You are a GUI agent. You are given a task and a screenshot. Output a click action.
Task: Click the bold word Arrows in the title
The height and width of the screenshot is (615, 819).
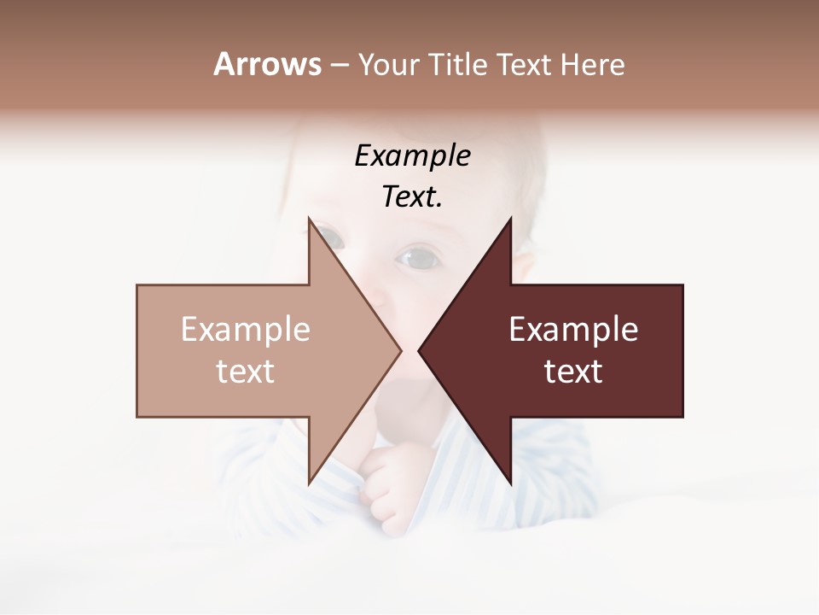click(267, 64)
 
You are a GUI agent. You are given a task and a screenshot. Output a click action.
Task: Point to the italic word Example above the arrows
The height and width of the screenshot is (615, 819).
click(412, 155)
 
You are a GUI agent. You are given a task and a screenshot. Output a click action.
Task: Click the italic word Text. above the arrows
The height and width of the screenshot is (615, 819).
click(412, 197)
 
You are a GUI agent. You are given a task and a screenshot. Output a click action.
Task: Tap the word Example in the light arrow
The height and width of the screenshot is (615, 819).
click(246, 329)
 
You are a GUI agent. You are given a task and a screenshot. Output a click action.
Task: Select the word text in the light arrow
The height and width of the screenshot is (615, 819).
click(246, 372)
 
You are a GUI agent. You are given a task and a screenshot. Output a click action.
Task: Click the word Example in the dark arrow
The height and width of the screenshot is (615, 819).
click(573, 329)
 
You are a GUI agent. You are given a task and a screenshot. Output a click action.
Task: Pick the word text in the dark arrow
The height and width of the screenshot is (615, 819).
click(573, 372)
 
